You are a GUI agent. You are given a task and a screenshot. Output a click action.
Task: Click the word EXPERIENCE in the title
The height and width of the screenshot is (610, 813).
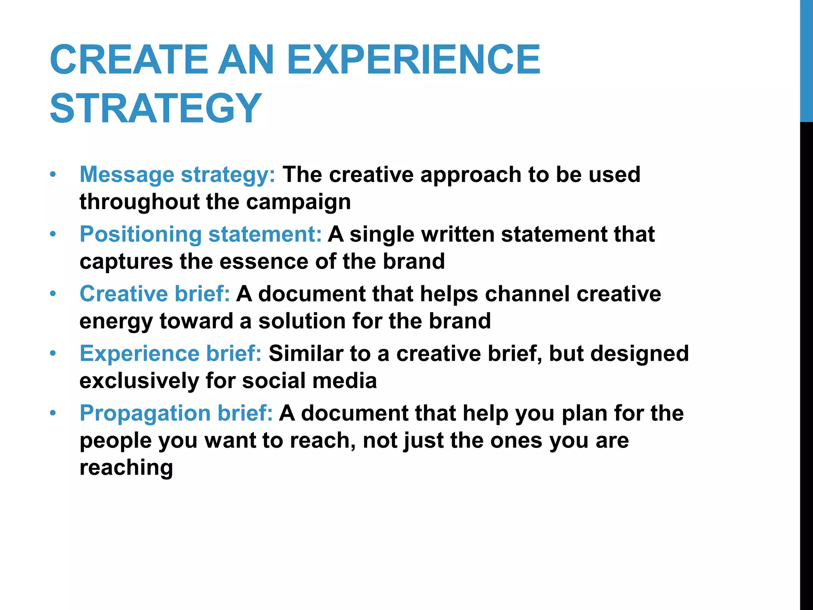coord(413,60)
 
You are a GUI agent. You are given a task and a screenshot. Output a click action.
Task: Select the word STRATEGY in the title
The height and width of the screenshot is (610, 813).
coord(156,108)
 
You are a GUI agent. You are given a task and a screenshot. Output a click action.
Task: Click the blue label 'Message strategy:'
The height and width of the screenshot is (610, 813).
coord(177,174)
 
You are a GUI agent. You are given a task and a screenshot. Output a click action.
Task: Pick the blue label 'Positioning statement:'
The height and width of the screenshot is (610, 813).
coord(200,234)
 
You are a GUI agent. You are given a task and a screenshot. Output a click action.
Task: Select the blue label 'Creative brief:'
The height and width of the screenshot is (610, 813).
coord(155,294)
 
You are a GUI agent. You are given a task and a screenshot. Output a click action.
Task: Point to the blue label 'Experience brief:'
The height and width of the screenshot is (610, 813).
coord(171,353)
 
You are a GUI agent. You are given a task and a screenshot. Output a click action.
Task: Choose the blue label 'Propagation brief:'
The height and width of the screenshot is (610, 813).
coord(176,413)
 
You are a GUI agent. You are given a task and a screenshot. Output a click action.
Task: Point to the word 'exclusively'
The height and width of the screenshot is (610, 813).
coord(139,381)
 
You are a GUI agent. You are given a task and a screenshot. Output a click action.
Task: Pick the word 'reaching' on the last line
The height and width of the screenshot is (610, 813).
coord(126,468)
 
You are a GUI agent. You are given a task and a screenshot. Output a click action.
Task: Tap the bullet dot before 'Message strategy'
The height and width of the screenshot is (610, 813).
coord(53,175)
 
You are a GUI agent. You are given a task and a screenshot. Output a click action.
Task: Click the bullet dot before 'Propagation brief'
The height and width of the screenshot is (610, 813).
coord(53,413)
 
